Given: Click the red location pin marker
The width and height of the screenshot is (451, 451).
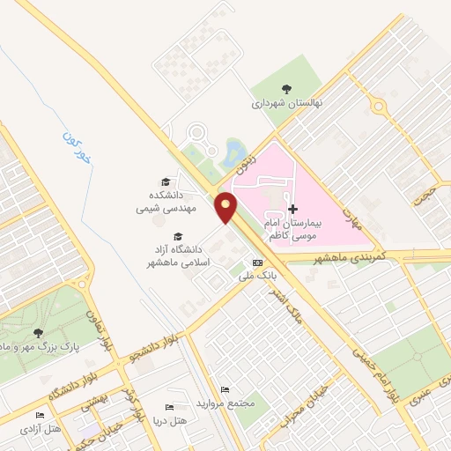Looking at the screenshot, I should (227, 208).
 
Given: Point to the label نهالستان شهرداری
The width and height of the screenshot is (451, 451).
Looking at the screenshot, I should (288, 103).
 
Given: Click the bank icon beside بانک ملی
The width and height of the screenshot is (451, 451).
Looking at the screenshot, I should (257, 262).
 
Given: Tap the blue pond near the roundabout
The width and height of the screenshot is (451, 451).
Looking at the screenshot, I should (234, 152).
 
